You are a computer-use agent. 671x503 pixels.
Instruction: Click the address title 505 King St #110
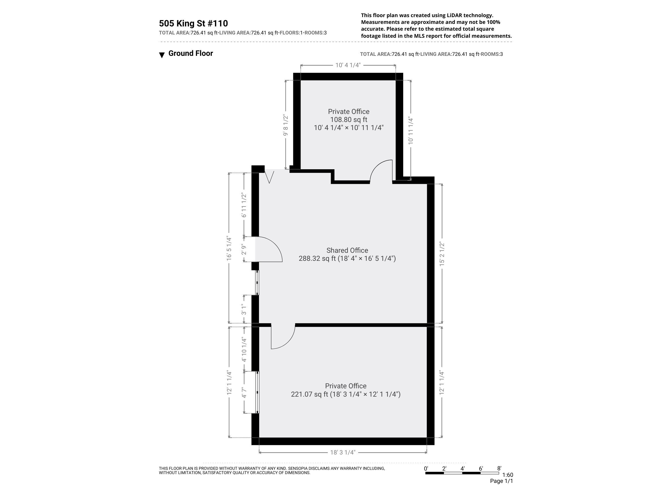click(x=193, y=23)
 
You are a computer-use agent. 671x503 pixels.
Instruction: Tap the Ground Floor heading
click(x=191, y=53)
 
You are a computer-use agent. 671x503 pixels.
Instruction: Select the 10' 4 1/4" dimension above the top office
click(x=348, y=65)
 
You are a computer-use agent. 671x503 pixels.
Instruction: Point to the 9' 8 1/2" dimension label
click(x=285, y=125)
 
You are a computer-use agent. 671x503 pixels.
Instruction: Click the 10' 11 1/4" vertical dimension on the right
click(x=411, y=130)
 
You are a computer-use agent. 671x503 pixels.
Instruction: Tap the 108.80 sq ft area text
click(x=349, y=120)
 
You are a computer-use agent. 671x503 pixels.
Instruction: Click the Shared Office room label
click(x=347, y=250)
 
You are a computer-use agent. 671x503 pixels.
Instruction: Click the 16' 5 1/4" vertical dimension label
click(x=229, y=248)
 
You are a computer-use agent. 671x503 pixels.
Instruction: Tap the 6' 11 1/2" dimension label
click(x=244, y=205)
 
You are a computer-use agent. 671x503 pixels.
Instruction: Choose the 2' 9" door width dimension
click(x=244, y=249)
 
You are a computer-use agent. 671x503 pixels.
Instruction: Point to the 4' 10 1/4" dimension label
click(x=244, y=350)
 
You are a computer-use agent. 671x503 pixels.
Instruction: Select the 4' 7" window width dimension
click(x=244, y=392)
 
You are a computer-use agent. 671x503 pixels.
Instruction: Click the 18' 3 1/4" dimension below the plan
click(x=343, y=452)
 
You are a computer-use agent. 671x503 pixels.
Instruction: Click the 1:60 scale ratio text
click(x=507, y=475)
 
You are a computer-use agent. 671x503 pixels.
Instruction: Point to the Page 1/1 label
click(x=501, y=481)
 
